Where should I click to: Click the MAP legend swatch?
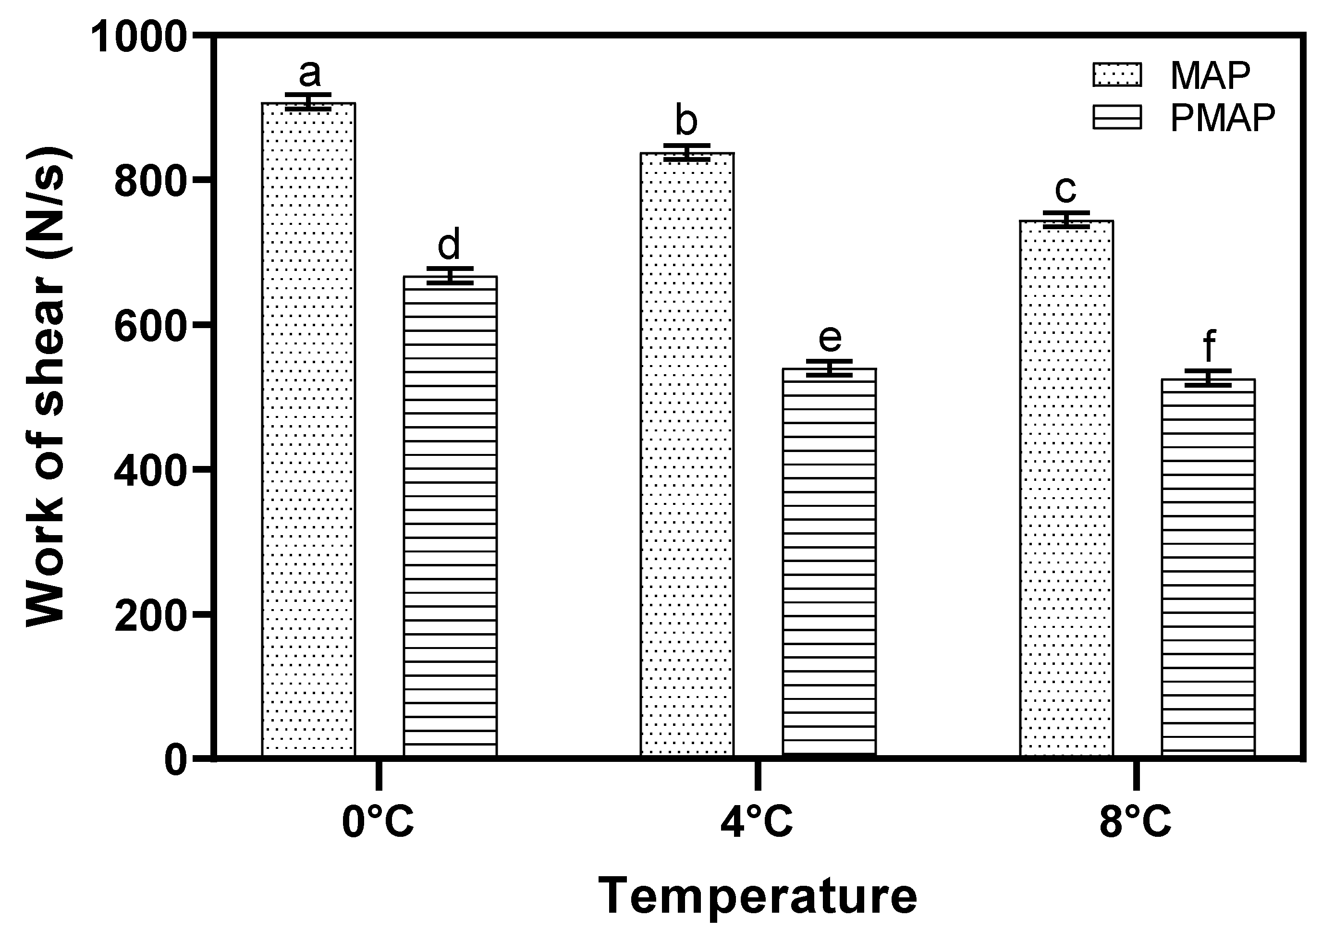click(x=1117, y=75)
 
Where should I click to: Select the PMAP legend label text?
click(x=1223, y=118)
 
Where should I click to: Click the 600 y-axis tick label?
click(x=151, y=327)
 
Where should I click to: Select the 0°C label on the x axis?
click(x=378, y=822)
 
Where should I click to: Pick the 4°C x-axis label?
click(x=757, y=822)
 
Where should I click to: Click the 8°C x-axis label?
click(x=1136, y=822)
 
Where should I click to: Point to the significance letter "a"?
click(x=309, y=73)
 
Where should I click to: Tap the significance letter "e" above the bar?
click(x=830, y=338)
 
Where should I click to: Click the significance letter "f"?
click(x=1209, y=347)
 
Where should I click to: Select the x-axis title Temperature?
click(x=757, y=896)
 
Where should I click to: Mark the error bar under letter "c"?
click(x=1066, y=220)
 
